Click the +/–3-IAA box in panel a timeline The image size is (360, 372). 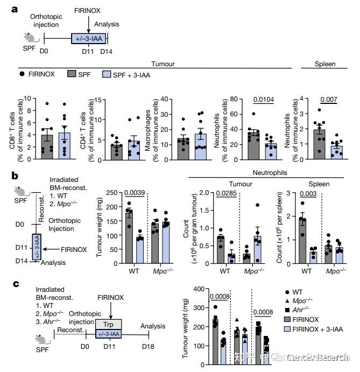[89, 39]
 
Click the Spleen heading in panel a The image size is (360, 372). [325, 65]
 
